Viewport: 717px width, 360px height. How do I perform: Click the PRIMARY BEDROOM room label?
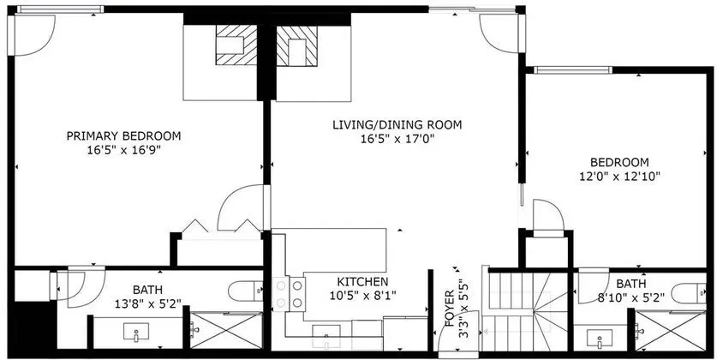[123, 136]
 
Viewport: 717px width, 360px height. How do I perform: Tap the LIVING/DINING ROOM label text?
[397, 124]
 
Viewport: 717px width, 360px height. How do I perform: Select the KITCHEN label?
[362, 281]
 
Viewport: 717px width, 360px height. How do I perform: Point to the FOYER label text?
[450, 308]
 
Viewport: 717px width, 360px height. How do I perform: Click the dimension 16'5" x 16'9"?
[123, 150]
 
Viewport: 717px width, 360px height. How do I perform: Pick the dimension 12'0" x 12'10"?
[619, 176]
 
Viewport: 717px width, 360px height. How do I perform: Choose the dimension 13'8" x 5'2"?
[147, 303]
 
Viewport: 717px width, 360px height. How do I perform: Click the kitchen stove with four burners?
[289, 294]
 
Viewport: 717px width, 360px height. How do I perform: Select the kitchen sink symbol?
[326, 333]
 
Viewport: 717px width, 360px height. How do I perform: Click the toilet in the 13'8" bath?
[246, 291]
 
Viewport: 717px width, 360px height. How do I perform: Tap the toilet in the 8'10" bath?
[689, 293]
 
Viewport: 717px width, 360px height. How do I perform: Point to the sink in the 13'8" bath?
[136, 332]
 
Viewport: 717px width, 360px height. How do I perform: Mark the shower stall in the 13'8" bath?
[226, 330]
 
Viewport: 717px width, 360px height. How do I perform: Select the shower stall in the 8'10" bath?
[671, 331]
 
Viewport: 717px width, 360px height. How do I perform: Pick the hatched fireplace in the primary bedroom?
[236, 45]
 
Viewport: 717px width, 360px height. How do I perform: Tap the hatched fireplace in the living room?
[296, 45]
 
